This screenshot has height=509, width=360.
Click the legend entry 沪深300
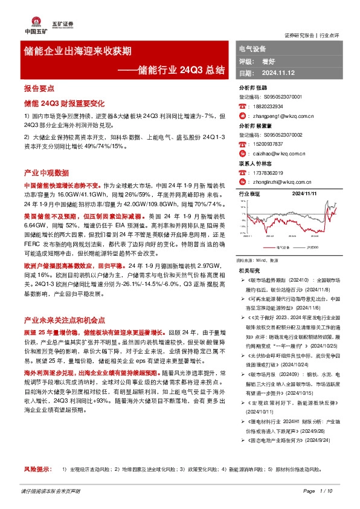(313, 247)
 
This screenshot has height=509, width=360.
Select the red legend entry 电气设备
(282, 247)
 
